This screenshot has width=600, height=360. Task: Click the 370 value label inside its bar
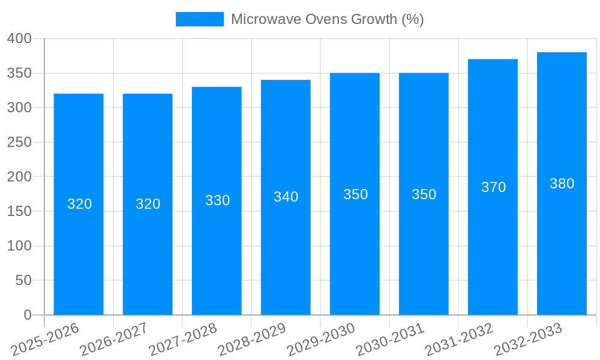tap(493, 187)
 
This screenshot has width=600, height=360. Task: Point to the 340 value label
tap(286, 197)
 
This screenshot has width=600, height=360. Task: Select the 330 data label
tap(217, 200)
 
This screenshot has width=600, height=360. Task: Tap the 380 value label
tap(562, 184)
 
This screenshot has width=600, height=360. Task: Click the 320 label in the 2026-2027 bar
tap(148, 204)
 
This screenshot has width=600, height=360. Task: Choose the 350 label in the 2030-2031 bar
tap(424, 194)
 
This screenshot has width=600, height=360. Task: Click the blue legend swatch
tap(199, 19)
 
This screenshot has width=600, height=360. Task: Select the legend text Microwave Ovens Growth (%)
tap(327, 19)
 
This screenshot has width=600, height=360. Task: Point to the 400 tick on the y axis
tap(19, 38)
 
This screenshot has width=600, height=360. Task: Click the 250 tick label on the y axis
tap(19, 142)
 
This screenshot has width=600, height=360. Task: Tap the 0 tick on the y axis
tap(27, 315)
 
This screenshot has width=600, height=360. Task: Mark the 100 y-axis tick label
tap(19, 246)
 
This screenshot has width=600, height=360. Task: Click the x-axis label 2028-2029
tap(253, 340)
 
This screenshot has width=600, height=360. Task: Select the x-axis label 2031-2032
tap(460, 340)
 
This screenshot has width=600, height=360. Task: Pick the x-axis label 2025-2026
tap(46, 340)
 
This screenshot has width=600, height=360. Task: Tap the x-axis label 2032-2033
tap(529, 340)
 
